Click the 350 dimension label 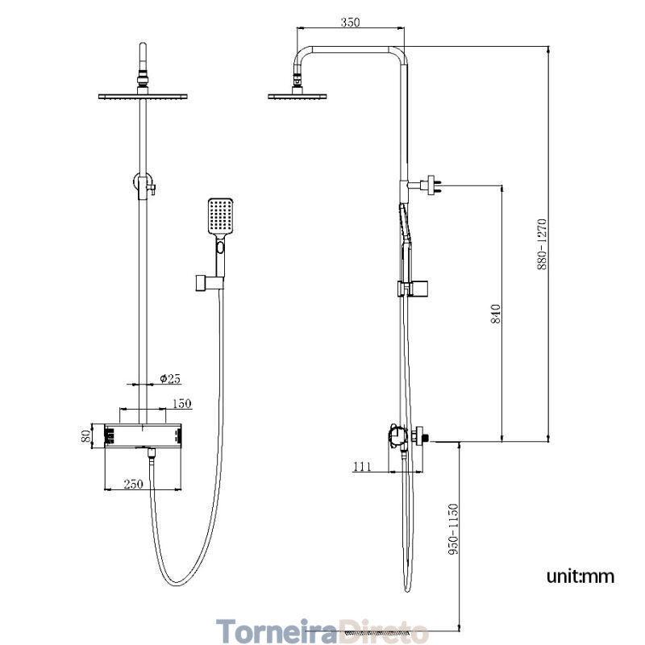(350, 22)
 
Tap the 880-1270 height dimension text (542, 244)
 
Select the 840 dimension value (496, 314)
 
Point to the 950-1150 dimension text (453, 529)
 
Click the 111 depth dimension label (362, 467)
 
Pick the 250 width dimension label (133, 484)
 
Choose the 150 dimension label (182, 404)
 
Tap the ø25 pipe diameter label (170, 378)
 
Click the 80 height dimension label (85, 436)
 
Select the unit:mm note (580, 576)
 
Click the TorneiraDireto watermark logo (322, 630)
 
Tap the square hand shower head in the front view (220, 216)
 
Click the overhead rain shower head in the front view (143, 97)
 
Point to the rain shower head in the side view (297, 97)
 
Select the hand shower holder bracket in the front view (210, 283)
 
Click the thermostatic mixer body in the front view (143, 435)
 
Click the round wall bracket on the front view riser (144, 183)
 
